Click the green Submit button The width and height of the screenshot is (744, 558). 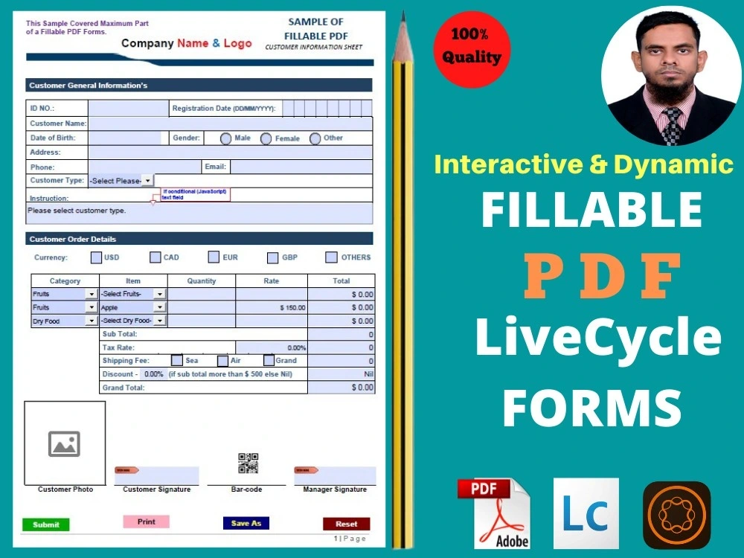(x=45, y=525)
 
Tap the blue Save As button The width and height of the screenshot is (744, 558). (x=246, y=523)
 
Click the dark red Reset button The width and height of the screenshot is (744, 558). (x=346, y=524)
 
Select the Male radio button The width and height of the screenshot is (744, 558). (x=226, y=138)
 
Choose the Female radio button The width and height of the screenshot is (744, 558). (x=266, y=138)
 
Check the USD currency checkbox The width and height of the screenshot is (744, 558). (x=96, y=257)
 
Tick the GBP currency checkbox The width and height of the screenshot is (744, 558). (x=273, y=257)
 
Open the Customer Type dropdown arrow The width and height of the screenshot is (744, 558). (x=147, y=181)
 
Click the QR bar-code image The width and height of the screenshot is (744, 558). (x=248, y=463)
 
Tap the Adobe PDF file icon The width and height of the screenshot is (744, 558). (x=493, y=513)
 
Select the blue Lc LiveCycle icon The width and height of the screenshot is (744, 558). (x=586, y=513)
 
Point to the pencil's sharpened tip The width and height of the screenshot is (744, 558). (x=403, y=18)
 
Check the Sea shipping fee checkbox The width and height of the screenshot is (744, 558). (x=177, y=360)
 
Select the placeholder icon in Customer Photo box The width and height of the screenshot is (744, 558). (x=64, y=443)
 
